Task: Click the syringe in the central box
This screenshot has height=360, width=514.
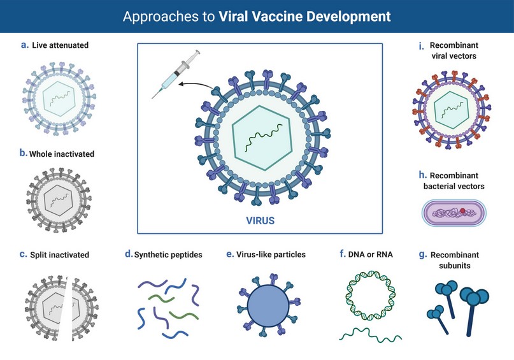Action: pos(176,74)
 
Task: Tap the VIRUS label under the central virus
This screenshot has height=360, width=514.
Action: pos(261,220)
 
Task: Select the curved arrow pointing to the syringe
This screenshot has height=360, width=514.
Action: pos(196,85)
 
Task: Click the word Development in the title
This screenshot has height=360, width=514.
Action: pos(348,17)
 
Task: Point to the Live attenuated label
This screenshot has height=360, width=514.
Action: pos(61,45)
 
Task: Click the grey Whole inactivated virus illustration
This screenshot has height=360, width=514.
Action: pos(59,200)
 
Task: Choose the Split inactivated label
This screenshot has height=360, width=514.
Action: pos(60,255)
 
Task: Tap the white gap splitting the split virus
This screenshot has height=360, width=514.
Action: pos(68,308)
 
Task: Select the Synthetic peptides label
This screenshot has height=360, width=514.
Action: pos(168,254)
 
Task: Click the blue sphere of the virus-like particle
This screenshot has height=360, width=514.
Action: pos(268,306)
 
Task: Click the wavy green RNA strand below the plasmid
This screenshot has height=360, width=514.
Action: pos(371,335)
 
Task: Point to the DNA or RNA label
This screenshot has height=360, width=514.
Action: pos(371,254)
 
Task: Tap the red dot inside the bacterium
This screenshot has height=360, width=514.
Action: pos(462,210)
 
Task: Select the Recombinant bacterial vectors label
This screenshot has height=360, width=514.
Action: pos(454,181)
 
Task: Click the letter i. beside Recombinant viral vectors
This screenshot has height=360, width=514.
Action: pos(421,46)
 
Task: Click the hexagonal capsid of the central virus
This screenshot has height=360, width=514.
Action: pos(262,138)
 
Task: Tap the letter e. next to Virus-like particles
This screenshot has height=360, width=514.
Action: pos(230,254)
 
